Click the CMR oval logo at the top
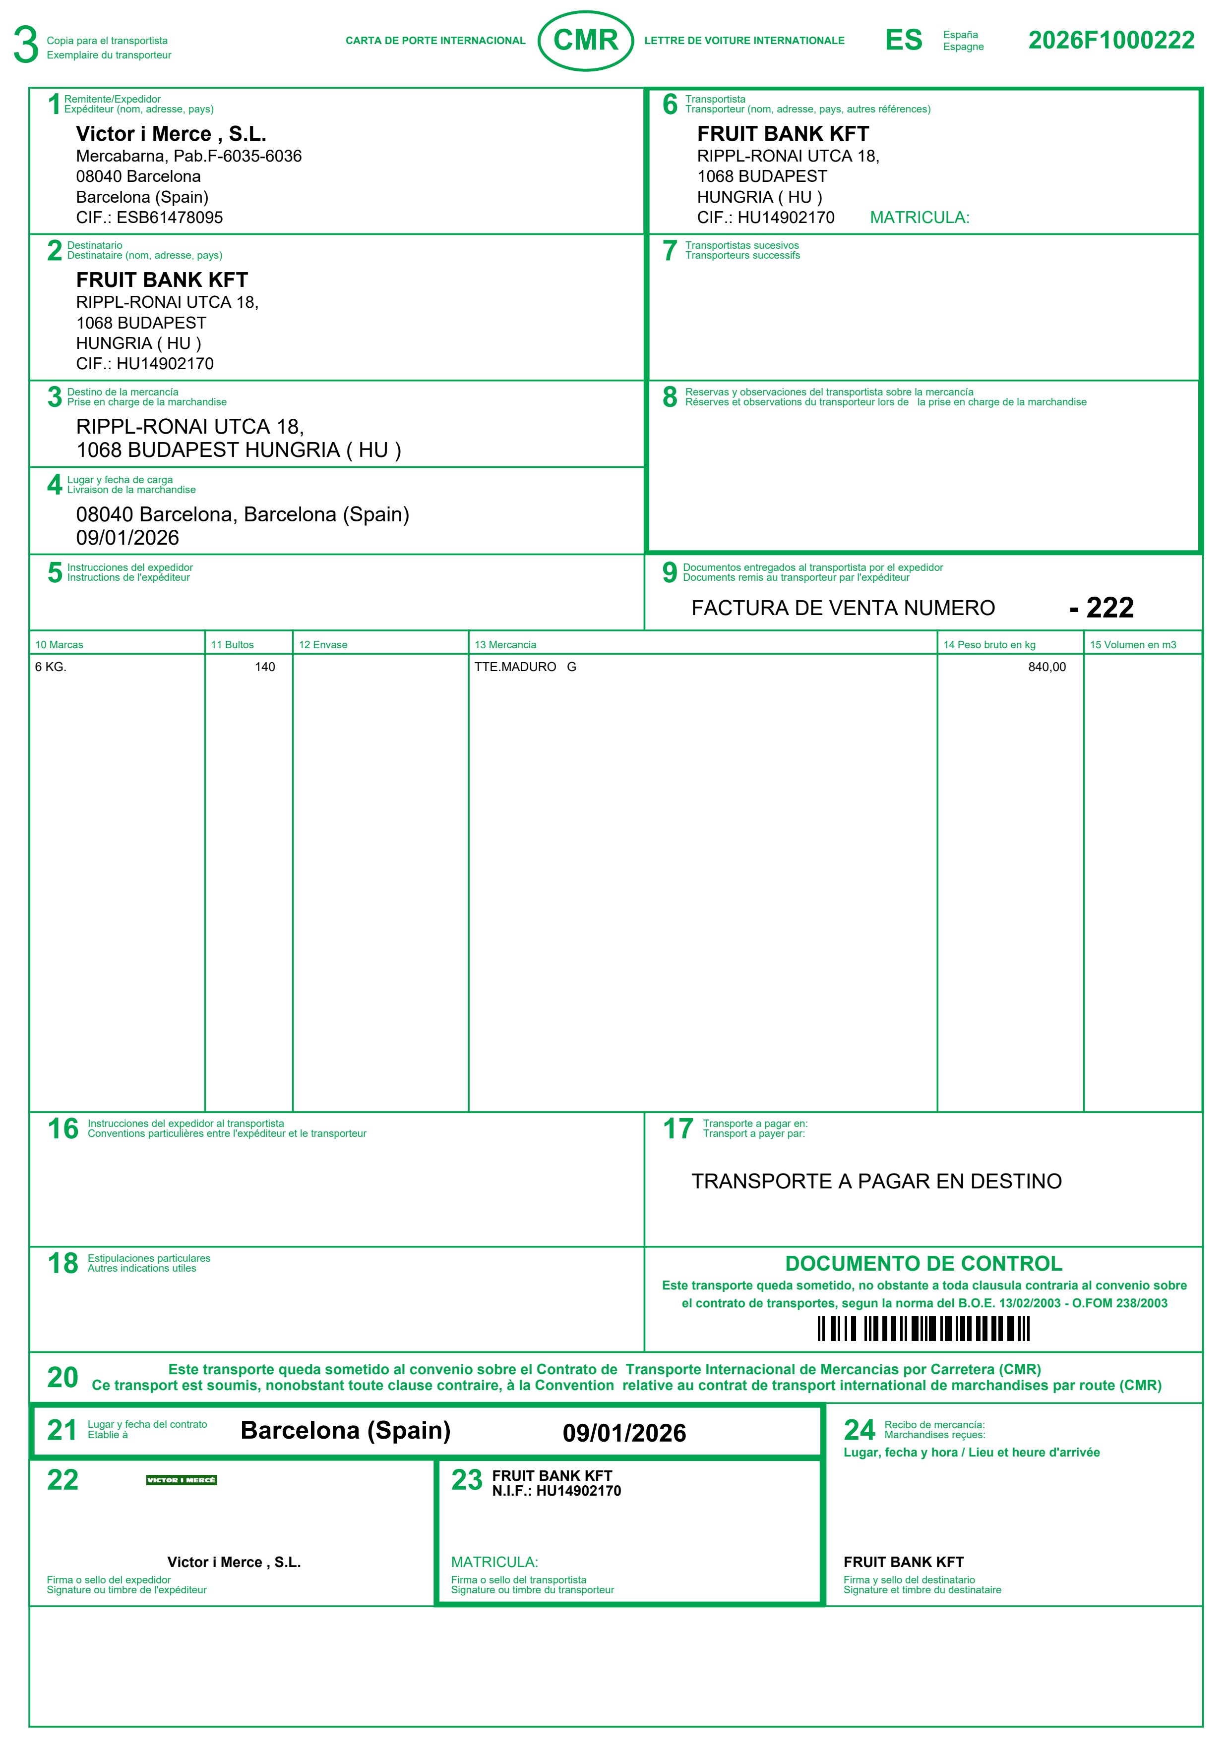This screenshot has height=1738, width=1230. click(585, 40)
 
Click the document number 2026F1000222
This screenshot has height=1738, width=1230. click(1110, 40)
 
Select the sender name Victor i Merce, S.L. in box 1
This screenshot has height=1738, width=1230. click(171, 134)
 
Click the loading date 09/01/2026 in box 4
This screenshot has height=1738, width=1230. click(127, 538)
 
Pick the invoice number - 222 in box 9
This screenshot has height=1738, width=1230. click(1102, 608)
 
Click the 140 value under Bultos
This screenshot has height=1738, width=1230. click(264, 667)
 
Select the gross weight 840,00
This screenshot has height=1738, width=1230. click(1046, 667)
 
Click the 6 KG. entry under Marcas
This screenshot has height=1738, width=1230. click(51, 667)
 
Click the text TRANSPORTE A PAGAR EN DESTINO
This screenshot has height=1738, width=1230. click(876, 1181)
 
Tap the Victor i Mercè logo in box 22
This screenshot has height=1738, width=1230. click(182, 1480)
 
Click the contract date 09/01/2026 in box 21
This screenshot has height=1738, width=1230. click(624, 1433)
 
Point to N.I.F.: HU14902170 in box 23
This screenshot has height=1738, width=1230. click(556, 1491)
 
